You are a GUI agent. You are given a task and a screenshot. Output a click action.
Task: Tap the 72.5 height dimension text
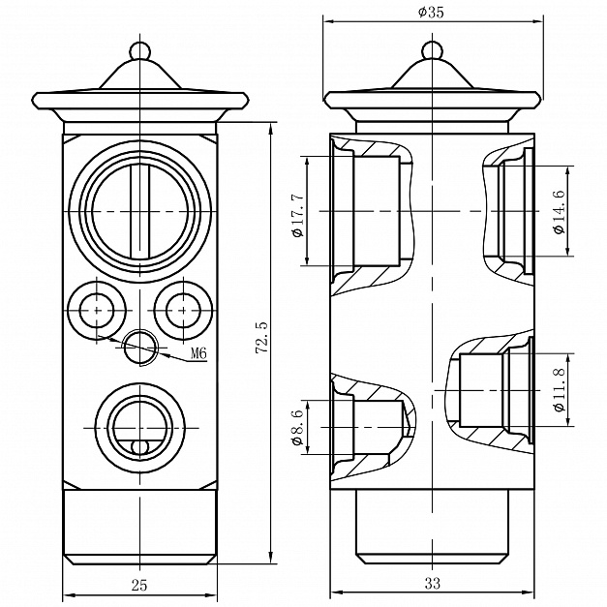[x=261, y=338]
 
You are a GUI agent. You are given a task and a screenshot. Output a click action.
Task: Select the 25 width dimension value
[x=139, y=584]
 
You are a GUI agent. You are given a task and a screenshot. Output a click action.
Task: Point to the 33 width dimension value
[x=432, y=584]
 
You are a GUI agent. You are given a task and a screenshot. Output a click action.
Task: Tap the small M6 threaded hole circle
[x=139, y=344]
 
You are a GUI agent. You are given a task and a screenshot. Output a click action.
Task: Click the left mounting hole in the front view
[x=98, y=309]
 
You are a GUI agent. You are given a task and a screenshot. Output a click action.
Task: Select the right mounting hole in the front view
[x=181, y=309]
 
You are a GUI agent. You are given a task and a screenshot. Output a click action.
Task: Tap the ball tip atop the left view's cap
[x=139, y=48]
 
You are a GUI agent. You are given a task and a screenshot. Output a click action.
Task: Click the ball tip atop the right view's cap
[x=430, y=48]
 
